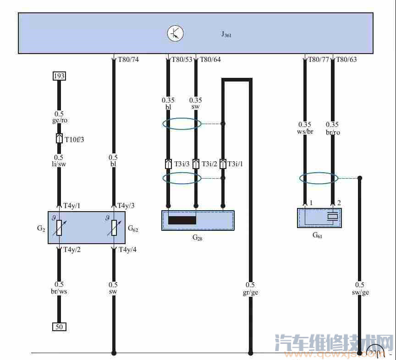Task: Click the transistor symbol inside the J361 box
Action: (x=175, y=33)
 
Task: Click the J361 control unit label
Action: (x=226, y=34)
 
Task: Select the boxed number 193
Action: (x=59, y=76)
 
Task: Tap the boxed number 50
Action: (x=59, y=327)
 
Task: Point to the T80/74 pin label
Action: (x=128, y=60)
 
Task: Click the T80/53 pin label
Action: (x=182, y=60)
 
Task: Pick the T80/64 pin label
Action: (x=210, y=60)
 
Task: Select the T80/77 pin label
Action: (x=319, y=60)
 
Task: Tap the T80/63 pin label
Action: (x=346, y=60)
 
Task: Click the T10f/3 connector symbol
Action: (x=59, y=138)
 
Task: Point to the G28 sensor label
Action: (x=197, y=237)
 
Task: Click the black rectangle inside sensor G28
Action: (x=182, y=220)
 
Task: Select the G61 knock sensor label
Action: (x=317, y=235)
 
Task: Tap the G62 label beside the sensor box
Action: (x=133, y=228)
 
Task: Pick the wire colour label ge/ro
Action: (x=59, y=120)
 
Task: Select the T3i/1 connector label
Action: (x=236, y=164)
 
